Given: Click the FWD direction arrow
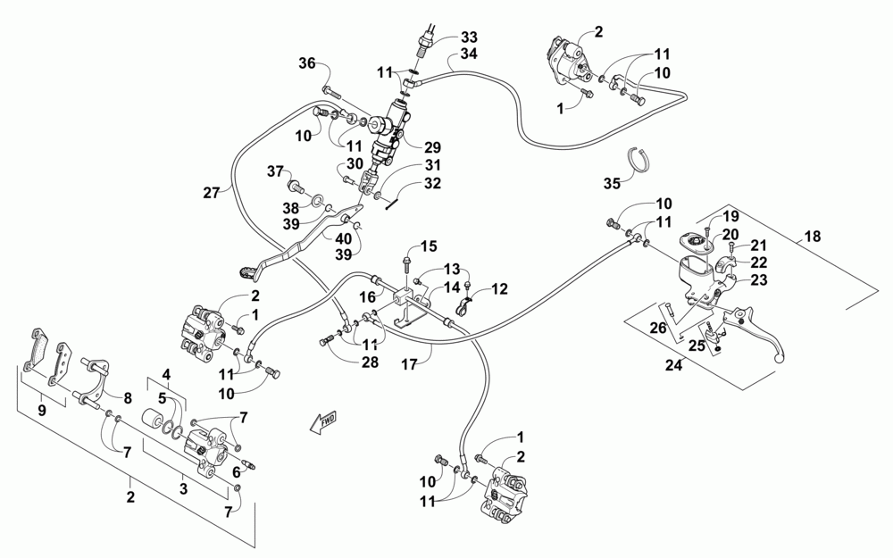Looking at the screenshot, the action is click(323, 422).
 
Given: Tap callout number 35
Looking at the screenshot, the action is click(613, 183).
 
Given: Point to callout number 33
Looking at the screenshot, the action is click(470, 37).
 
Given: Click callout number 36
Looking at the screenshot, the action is click(307, 63).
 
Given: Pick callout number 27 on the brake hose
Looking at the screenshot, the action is click(212, 193).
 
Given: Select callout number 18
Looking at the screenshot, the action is click(813, 236).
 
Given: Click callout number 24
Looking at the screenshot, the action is click(673, 365).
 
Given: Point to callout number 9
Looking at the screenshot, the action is click(42, 411).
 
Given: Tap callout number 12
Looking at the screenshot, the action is click(499, 289).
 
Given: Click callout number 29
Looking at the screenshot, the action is click(433, 147).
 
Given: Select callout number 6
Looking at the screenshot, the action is click(236, 471).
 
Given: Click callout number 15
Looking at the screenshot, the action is click(429, 246).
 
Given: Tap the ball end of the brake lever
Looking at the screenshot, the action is click(780, 357).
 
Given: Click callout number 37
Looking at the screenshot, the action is click(275, 171).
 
